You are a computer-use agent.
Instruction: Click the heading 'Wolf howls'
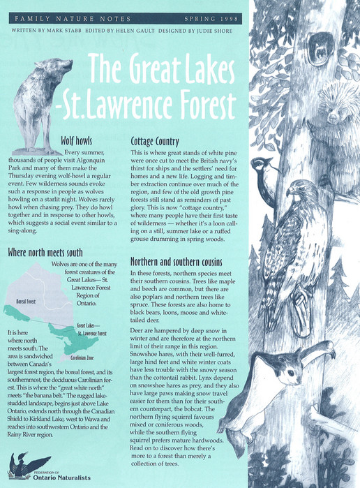pos(76,140)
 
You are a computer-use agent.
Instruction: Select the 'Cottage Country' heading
pos(160,141)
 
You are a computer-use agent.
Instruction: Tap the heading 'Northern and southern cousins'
pos(186,262)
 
